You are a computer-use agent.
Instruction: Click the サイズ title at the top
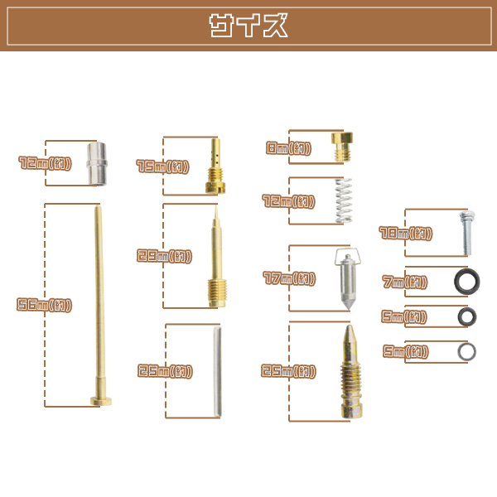click(x=248, y=26)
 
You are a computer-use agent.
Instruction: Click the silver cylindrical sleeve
click(x=97, y=163)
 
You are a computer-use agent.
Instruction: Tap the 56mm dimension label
click(x=45, y=305)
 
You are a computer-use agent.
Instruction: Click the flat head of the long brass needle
click(x=101, y=401)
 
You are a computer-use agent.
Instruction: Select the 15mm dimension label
click(x=162, y=166)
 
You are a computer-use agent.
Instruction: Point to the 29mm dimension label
click(x=164, y=256)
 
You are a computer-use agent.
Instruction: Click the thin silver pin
click(x=217, y=371)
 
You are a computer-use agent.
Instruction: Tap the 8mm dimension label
click(x=288, y=148)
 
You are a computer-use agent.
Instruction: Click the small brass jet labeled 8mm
click(x=342, y=147)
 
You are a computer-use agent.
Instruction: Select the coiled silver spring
click(x=344, y=200)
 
